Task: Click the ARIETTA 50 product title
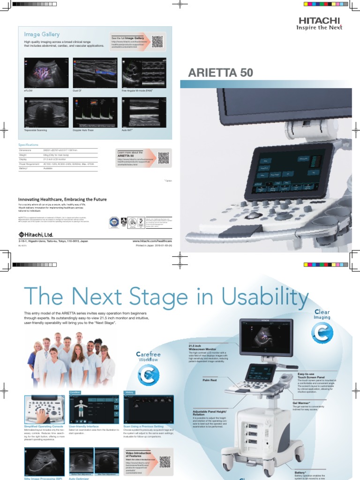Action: [x=220, y=73]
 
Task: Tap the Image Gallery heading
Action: [x=42, y=34]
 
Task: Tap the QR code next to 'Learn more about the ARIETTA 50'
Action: [x=163, y=157]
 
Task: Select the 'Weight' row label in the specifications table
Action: [x=23, y=154]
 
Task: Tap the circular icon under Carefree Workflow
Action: [x=148, y=375]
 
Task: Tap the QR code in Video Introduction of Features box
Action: [x=165, y=462]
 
